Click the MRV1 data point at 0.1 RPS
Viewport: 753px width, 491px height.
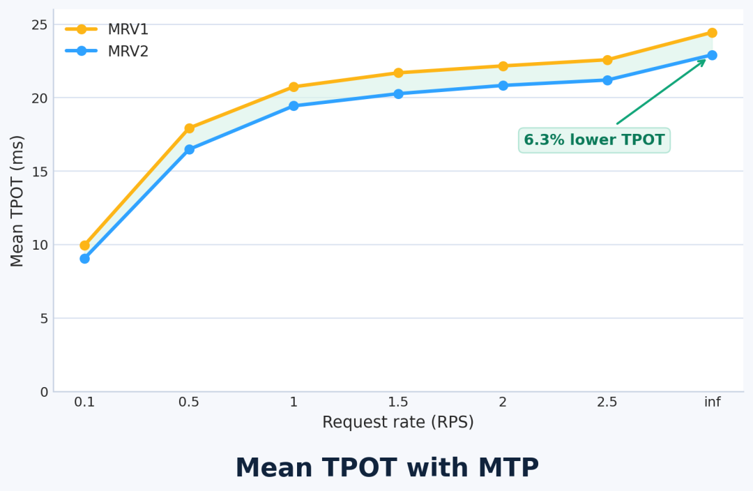[84, 245]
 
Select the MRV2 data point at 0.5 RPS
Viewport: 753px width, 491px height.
[189, 149]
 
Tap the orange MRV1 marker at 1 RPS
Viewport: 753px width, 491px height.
[294, 87]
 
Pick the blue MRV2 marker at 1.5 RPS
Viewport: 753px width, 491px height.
[398, 93]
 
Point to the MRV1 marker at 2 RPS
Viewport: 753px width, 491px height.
[503, 66]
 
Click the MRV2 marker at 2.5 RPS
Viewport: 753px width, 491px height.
[607, 80]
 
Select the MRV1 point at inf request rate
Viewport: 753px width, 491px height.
[712, 33]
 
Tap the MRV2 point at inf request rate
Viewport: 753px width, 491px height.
[712, 55]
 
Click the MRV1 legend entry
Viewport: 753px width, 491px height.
[108, 29]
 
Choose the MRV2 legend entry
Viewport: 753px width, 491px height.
[108, 51]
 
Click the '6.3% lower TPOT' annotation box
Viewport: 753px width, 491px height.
[594, 140]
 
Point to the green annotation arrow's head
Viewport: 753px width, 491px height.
[704, 61]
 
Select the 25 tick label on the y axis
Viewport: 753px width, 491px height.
[40, 25]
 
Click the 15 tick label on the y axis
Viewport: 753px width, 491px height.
[40, 172]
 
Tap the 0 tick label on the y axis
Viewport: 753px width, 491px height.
[44, 392]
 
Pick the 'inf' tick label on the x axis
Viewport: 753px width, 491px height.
[712, 402]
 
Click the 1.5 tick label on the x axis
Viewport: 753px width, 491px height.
[398, 402]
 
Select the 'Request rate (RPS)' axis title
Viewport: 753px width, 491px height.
[398, 423]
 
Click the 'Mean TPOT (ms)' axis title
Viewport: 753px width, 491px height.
[17, 201]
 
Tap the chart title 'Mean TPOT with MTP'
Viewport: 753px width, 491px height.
[387, 468]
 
